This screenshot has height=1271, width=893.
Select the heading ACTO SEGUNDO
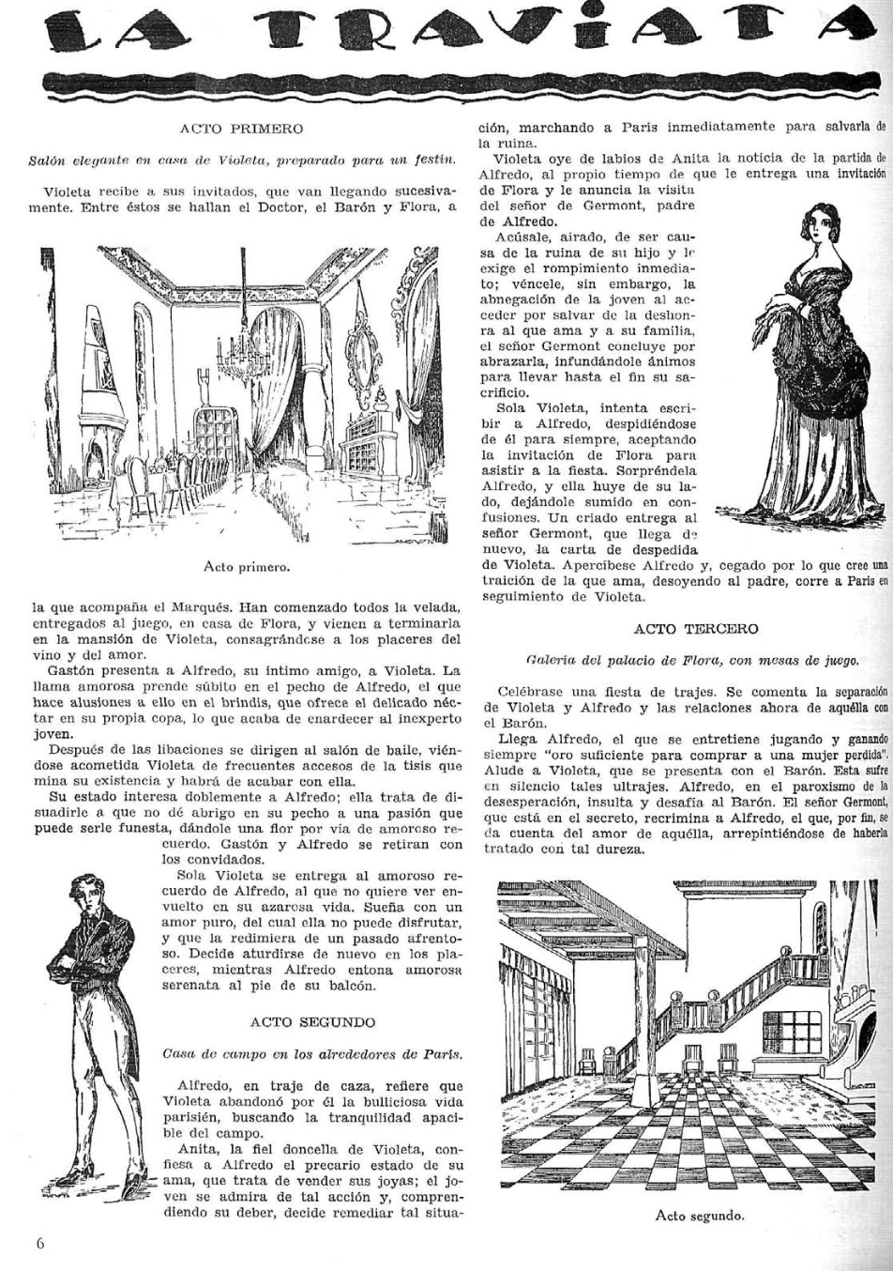tap(313, 1021)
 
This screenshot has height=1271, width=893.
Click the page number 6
tap(40, 1244)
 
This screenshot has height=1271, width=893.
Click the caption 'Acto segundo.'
tap(699, 1216)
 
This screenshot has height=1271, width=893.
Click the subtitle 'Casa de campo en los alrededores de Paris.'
tap(313, 1052)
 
